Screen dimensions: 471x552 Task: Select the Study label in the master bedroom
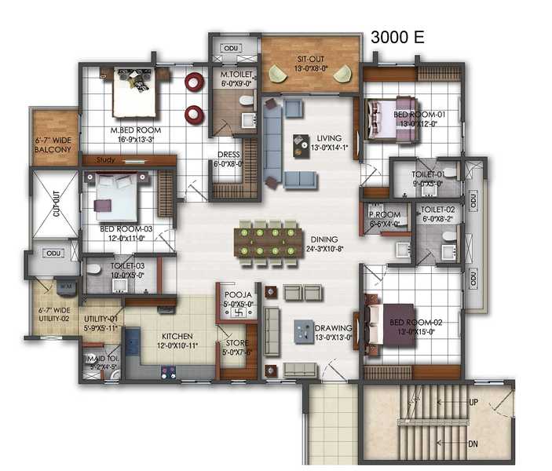106,160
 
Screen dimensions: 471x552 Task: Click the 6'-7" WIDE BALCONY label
53,145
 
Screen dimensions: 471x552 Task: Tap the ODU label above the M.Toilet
230,48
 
